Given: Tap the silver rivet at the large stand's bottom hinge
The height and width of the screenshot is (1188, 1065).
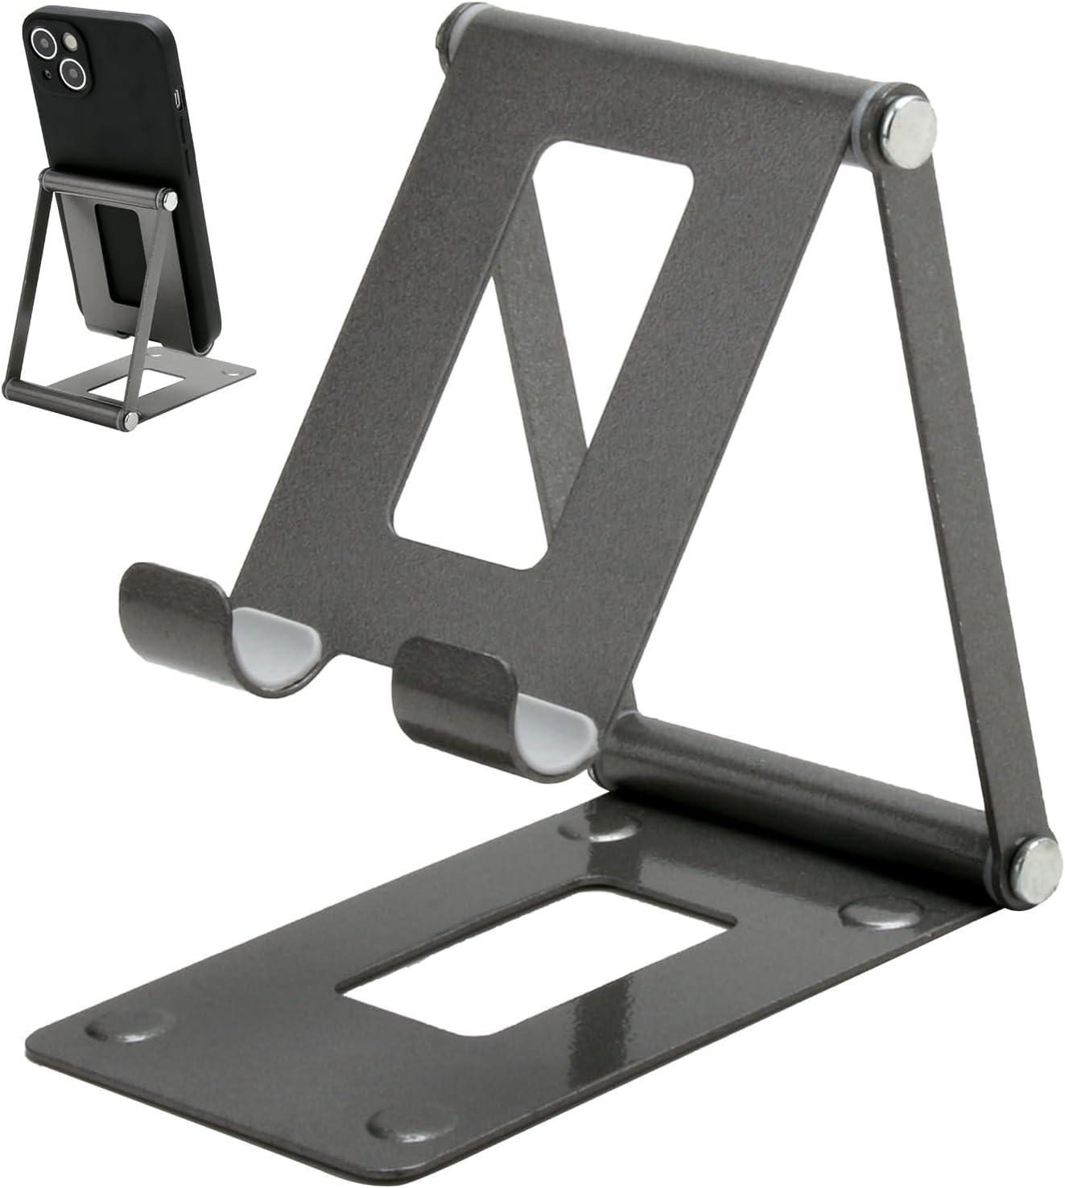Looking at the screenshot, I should [1034, 868].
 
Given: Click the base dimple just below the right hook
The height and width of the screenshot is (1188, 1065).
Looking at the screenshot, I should [600, 826].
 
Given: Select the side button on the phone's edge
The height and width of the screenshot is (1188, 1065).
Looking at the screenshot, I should [178, 99].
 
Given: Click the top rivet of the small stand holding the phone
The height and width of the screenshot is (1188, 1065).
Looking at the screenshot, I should [168, 199].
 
